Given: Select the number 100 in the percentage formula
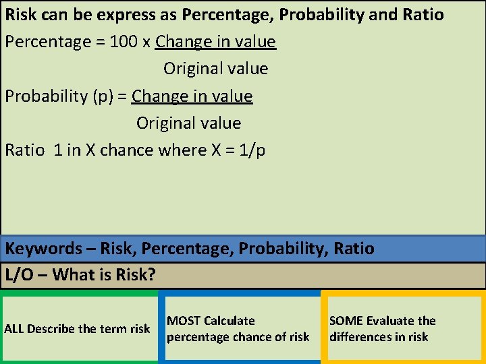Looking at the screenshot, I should [124, 42].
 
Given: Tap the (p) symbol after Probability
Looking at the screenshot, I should [102, 96].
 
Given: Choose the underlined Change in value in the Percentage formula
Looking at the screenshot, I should [215, 42].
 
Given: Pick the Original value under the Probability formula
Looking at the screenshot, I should [188, 123].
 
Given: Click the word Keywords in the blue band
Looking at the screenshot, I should [43, 248].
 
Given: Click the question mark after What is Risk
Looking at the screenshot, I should [151, 274].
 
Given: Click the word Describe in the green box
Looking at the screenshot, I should [50, 329].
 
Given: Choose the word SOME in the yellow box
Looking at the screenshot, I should [346, 321].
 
